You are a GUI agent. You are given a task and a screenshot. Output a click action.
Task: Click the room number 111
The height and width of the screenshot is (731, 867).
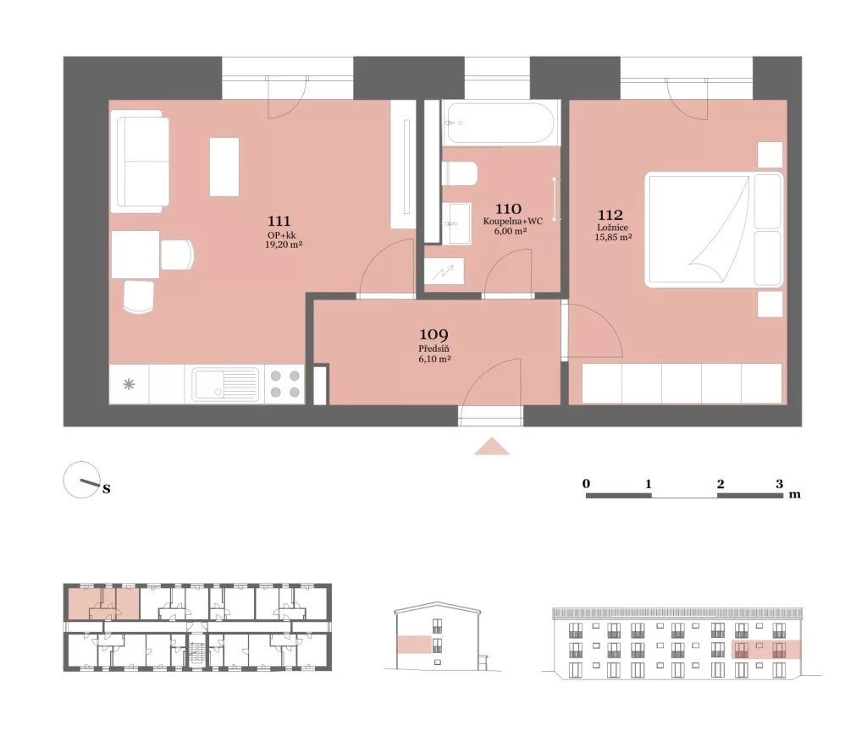[x=279, y=221]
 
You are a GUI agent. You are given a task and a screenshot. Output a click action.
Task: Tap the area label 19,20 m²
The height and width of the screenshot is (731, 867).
[x=283, y=245]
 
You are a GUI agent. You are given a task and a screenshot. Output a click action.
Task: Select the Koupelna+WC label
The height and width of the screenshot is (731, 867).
[x=512, y=221]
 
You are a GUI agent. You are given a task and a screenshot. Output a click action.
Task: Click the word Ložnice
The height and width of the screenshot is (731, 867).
[x=612, y=227]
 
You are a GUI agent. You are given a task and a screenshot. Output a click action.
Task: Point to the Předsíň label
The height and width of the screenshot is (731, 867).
[x=433, y=349]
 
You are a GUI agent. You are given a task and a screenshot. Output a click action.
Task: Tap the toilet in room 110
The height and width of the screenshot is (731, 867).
[x=460, y=173]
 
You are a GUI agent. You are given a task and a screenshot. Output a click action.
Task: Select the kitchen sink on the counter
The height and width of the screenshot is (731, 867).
[x=225, y=384]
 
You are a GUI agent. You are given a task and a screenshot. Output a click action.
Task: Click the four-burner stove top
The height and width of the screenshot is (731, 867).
[x=284, y=384]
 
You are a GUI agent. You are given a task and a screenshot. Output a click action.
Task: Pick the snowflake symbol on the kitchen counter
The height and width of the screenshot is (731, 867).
[x=129, y=384]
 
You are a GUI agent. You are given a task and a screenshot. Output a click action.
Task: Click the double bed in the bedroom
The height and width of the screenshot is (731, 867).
[x=714, y=230]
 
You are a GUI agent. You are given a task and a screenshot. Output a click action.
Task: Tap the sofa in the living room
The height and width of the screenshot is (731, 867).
[x=140, y=161]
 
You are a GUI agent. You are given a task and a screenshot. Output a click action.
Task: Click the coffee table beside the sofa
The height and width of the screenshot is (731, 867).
[x=224, y=167]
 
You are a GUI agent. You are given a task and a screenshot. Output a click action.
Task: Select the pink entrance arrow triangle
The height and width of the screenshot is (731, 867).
[x=492, y=446]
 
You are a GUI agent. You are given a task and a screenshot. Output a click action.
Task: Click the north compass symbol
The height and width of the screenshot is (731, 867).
[x=83, y=480]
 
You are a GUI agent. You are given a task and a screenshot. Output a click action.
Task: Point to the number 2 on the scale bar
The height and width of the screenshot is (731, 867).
[x=720, y=484]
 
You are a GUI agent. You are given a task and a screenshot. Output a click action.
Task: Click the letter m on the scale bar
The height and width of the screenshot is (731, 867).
[x=794, y=494]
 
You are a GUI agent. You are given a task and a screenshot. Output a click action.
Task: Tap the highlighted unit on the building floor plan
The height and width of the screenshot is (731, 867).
[x=103, y=602]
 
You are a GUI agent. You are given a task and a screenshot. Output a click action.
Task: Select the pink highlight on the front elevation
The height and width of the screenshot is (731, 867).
[x=765, y=650]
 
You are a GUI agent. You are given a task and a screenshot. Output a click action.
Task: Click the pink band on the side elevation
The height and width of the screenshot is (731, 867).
[x=414, y=645]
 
